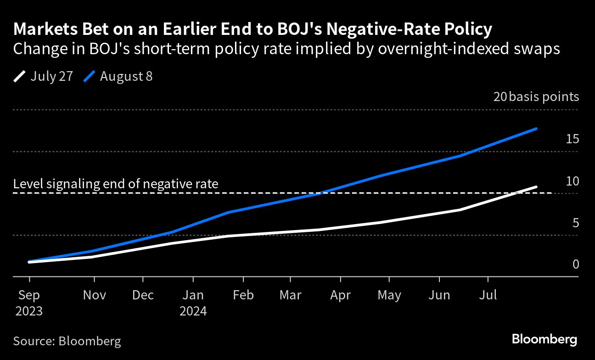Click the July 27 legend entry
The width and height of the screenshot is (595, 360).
pos(44,76)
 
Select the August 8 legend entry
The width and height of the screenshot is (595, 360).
pos(118,76)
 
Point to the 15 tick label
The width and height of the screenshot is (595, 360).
pos(572,139)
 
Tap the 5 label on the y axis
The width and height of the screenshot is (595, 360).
pos(575,223)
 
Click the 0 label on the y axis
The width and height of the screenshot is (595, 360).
pos(575,264)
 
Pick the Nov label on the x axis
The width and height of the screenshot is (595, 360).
pos(94,295)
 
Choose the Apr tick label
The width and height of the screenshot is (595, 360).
pos(341,295)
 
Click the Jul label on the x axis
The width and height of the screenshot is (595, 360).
pos(488,295)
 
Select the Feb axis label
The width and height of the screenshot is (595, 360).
pos(243,295)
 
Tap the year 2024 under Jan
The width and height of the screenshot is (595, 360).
pos(193,311)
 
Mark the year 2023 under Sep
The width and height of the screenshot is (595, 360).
pos(29,311)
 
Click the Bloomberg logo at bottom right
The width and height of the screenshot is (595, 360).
pos(544,340)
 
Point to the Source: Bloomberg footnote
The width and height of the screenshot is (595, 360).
pos(67,341)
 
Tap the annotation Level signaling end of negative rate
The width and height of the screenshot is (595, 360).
pos(116,184)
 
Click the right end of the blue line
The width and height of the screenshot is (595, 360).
pos(536,129)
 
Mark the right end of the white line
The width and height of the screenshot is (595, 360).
pos(536,187)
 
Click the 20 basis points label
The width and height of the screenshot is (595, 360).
pos(536,97)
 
